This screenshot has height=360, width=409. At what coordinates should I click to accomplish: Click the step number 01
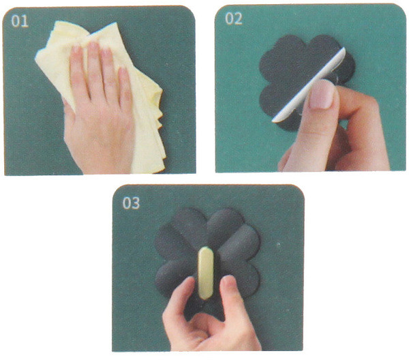(x=20, y=21)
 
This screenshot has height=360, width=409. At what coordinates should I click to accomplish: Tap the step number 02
(x=234, y=18)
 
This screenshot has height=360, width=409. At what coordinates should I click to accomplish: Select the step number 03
(x=131, y=203)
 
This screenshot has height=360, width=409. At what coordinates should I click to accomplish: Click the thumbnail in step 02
(x=322, y=95)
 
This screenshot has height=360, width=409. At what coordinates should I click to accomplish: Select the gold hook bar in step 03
(x=206, y=273)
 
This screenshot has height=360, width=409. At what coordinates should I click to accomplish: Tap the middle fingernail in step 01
(x=93, y=47)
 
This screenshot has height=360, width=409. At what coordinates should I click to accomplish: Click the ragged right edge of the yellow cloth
(x=159, y=115)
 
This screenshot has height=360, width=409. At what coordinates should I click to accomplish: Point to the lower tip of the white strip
(x=273, y=121)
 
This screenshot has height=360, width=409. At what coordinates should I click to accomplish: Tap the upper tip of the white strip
(x=344, y=49)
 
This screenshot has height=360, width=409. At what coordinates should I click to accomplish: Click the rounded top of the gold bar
(x=206, y=249)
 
